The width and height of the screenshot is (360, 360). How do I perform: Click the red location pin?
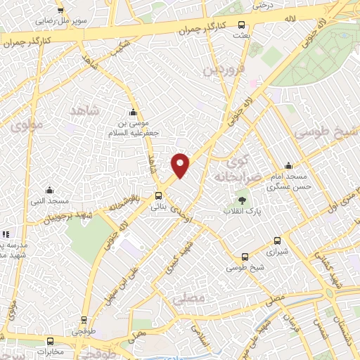coord(181,165)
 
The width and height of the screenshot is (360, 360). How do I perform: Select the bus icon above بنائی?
coord(158,196)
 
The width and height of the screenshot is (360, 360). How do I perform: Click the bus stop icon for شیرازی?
coord(277,240)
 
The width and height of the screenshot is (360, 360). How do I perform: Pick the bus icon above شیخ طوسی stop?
coord(244,257)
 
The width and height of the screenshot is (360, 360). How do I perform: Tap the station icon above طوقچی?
coord(84,319)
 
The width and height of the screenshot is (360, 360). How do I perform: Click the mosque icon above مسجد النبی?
coord(49,190)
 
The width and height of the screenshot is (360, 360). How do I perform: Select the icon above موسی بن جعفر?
coord(132,113)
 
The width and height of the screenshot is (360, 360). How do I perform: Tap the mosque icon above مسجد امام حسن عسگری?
coord(288,166)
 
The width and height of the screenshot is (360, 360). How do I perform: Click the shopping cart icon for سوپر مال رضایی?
coord(60,11)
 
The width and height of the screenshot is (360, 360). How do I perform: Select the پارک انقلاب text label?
coord(242,210)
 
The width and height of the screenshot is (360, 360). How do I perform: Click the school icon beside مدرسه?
coord(5,233)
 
